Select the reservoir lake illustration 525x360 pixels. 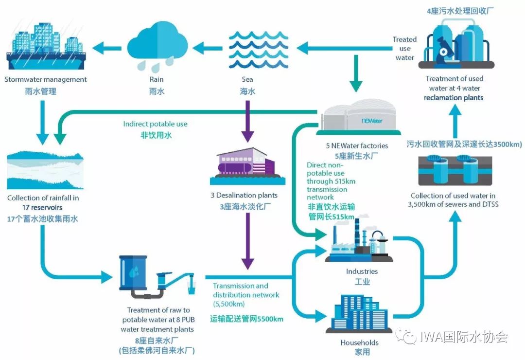click(x=45, y=171)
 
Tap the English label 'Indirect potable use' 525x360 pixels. click(x=155, y=124)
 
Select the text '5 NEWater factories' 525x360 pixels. click(x=357, y=145)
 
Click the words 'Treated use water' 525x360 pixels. click(x=405, y=48)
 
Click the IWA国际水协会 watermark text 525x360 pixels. click(x=457, y=336)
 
